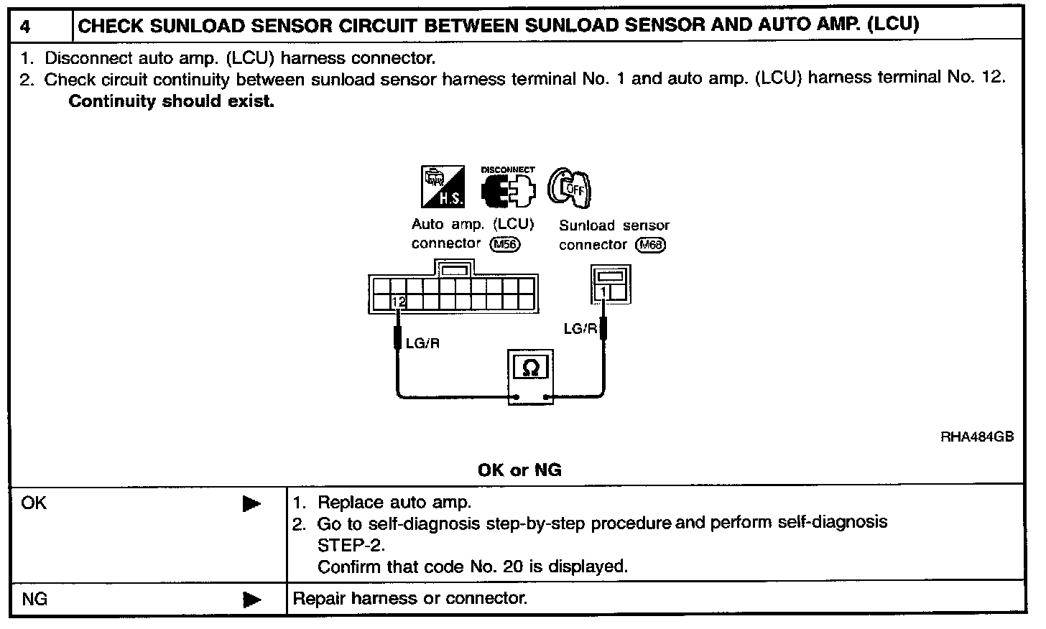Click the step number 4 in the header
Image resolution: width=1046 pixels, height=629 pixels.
[26, 27]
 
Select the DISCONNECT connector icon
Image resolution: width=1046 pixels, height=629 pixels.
[508, 187]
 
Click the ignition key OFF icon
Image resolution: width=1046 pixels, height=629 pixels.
[570, 187]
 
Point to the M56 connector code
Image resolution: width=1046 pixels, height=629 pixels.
[504, 244]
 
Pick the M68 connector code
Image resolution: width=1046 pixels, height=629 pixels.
[652, 245]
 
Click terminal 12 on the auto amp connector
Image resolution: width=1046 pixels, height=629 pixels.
[399, 302]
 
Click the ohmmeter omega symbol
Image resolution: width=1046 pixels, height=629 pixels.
[531, 368]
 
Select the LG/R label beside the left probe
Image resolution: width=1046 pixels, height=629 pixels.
[422, 343]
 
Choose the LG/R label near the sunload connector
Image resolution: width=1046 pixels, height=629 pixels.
[580, 329]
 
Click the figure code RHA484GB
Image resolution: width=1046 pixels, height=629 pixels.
[977, 437]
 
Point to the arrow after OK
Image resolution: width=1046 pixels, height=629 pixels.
[251, 504]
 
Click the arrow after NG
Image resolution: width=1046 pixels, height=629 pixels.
[251, 599]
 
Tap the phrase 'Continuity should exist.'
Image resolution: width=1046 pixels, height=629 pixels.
[171, 101]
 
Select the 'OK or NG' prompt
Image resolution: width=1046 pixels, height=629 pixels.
[519, 470]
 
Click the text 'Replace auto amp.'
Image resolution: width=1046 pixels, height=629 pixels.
[394, 502]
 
